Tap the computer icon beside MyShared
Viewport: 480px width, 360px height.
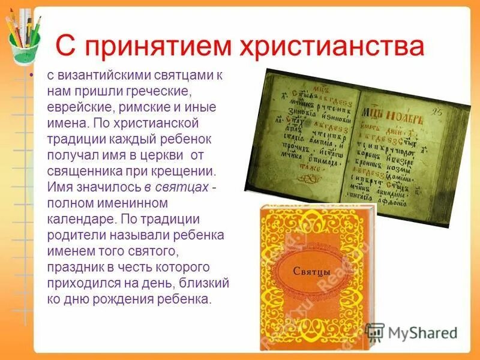coord(375,332)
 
